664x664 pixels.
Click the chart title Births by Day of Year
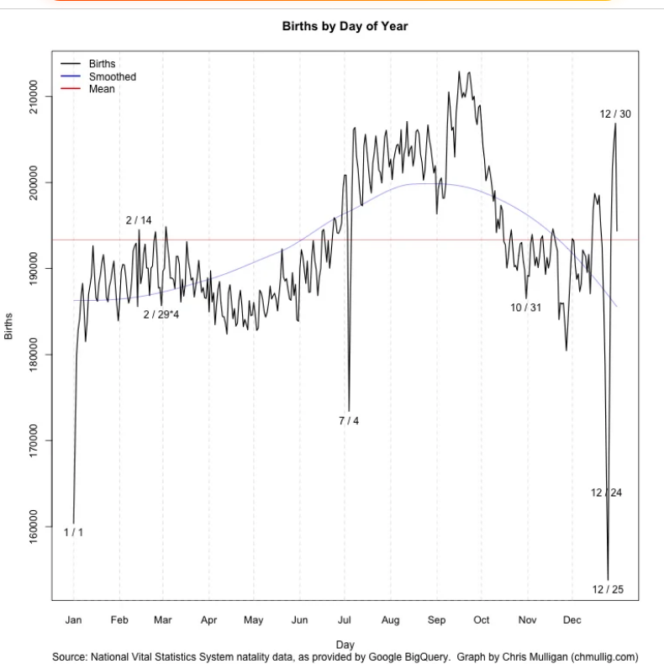point(345,26)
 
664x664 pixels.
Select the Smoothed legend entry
point(112,76)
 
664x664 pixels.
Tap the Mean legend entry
point(102,89)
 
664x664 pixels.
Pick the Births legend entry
point(102,64)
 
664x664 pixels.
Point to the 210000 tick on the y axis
point(33,97)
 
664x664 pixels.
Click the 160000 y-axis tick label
point(33,526)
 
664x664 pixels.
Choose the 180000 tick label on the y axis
point(33,355)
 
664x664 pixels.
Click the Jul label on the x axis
point(345,620)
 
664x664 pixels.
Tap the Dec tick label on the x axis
point(572,620)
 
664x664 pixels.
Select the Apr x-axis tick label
point(208,620)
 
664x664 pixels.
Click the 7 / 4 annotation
point(349,420)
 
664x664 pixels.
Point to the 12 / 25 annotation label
point(608,589)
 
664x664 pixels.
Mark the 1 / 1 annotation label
point(73,532)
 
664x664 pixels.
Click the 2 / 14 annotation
point(139,220)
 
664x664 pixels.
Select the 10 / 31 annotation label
point(525,308)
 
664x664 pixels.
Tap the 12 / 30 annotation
point(615,113)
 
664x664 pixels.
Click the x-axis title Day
point(345,645)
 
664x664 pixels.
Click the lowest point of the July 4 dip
point(349,410)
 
